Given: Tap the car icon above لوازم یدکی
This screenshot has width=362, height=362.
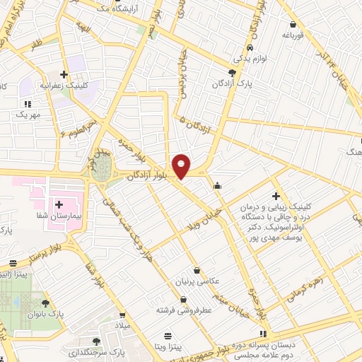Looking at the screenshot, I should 250,49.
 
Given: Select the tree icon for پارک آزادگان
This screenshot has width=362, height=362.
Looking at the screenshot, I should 233,73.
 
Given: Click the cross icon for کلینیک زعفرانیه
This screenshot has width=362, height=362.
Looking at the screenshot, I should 64,74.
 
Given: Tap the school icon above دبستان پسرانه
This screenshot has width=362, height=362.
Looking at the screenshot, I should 264,334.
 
